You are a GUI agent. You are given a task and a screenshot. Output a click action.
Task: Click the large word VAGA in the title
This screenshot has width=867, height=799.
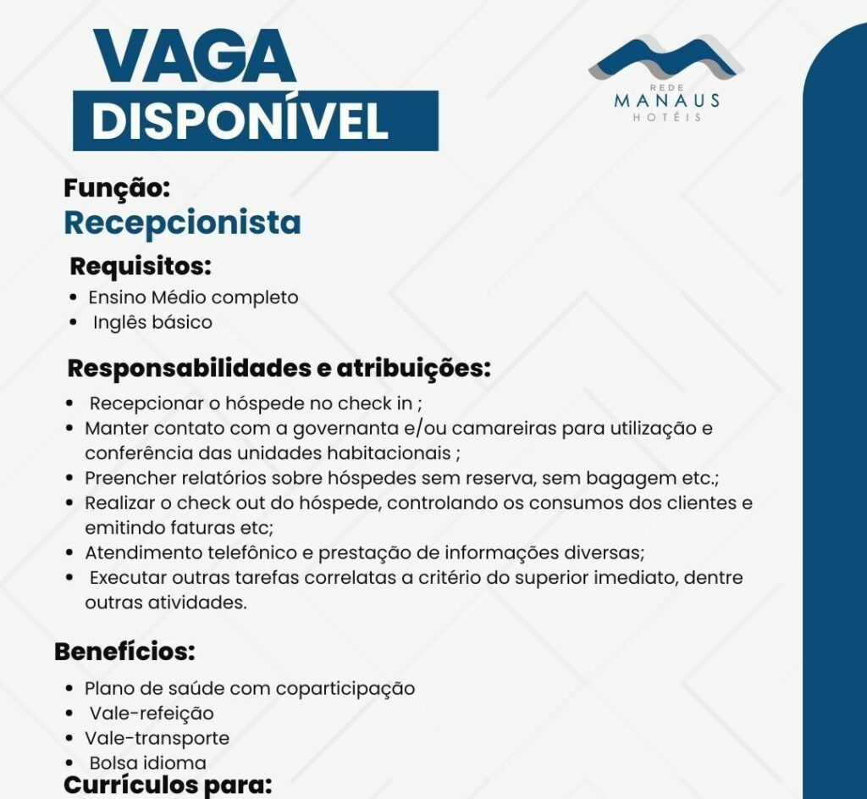coord(195,57)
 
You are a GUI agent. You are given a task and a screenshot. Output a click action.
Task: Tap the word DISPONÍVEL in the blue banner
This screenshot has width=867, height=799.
coord(240,121)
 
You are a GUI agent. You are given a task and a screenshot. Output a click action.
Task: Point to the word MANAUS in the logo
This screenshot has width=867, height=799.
coord(667,101)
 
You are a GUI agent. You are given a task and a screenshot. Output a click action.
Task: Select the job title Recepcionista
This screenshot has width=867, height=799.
coord(182,223)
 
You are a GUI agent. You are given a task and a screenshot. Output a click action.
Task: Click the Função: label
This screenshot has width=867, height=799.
coord(118,189)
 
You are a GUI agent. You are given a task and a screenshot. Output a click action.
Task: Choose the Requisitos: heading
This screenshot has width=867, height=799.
coord(140,266)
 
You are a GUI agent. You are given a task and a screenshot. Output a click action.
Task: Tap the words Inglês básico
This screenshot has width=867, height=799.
coord(152,323)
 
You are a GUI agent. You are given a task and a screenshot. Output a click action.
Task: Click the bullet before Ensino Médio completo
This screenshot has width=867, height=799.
coord(74,298)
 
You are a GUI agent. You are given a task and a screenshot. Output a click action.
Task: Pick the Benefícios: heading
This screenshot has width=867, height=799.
coord(124,652)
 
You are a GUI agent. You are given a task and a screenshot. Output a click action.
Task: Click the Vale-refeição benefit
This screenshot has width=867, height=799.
coord(152,713)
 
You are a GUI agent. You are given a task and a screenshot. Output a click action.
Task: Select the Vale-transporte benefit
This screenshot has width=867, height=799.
coord(157,738)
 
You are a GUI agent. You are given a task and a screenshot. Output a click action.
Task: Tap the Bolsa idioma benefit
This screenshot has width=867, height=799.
coord(148,763)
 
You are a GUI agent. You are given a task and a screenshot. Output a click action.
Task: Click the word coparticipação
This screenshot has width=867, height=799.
coord(345,688)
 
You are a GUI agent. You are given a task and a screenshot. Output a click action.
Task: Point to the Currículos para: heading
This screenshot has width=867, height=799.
coord(167,785)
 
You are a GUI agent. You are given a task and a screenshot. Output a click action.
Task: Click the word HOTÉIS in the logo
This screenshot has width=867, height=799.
coord(667,118)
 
